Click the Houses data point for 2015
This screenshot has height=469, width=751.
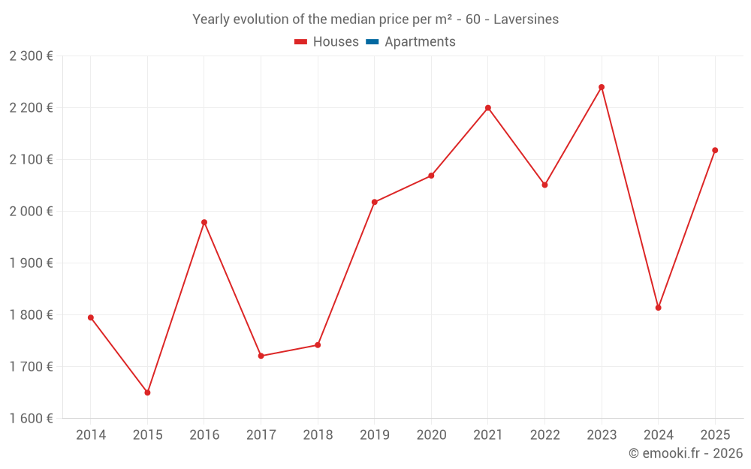click(147, 392)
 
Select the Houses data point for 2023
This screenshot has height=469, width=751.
click(602, 87)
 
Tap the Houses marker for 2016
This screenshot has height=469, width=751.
click(204, 222)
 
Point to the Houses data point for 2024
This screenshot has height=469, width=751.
click(658, 308)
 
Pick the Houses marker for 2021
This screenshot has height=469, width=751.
click(488, 108)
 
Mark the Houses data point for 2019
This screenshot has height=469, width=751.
click(374, 202)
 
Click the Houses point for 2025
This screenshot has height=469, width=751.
click(715, 150)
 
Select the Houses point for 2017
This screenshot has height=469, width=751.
click(261, 356)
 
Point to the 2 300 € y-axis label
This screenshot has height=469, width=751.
click(31, 56)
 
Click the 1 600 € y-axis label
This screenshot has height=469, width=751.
click(31, 418)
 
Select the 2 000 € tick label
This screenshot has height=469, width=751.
click(31, 211)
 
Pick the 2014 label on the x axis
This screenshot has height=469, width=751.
click(91, 434)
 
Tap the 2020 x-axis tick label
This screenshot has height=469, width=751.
click(431, 434)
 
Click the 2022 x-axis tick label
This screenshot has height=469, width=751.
click(544, 434)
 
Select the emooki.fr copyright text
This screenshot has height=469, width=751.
click(686, 453)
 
